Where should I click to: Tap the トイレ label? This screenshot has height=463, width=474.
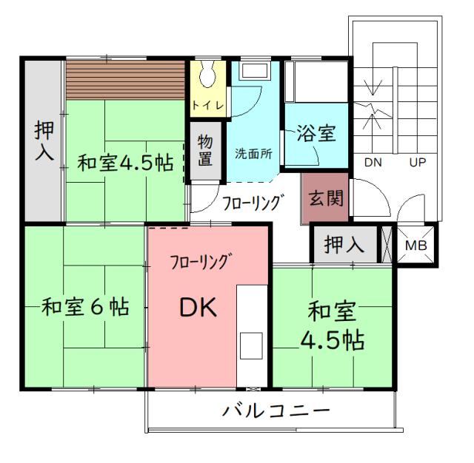[208, 105]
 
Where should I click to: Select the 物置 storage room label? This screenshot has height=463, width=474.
[205, 150]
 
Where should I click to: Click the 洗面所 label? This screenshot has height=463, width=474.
[253, 154]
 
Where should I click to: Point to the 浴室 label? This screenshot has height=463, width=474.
[316, 133]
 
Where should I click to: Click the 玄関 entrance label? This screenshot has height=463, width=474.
[326, 198]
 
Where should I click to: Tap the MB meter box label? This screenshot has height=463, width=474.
[416, 246]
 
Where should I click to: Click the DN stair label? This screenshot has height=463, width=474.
[373, 163]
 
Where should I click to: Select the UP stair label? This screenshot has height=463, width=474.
[418, 163]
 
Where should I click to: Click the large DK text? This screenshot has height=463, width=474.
[198, 307]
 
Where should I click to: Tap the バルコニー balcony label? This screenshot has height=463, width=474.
[276, 410]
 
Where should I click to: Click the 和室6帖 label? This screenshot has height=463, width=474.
[85, 307]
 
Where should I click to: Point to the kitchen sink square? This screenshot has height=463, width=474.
[251, 346]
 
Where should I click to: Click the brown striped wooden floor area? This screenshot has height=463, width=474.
[125, 80]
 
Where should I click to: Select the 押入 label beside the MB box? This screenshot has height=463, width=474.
[344, 244]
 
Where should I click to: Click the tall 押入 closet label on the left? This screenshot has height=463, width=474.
[44, 141]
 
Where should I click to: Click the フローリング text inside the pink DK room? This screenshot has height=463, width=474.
[199, 261]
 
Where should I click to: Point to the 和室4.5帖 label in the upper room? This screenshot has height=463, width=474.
[125, 163]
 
